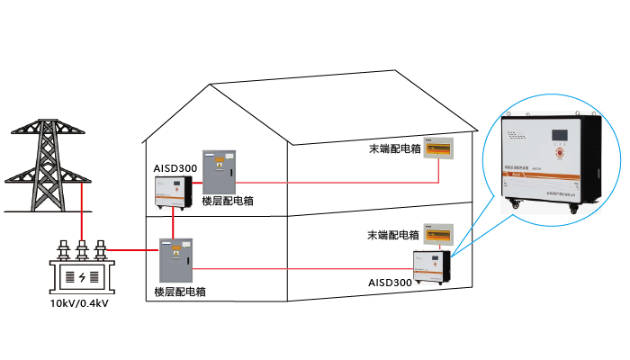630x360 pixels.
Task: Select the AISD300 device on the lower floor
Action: click(431, 265)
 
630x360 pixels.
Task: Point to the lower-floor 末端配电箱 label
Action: click(393, 235)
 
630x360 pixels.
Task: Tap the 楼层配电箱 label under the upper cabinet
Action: click(228, 201)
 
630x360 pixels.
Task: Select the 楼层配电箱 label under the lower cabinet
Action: click(179, 292)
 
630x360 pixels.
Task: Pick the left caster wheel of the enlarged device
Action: click(515, 209)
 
